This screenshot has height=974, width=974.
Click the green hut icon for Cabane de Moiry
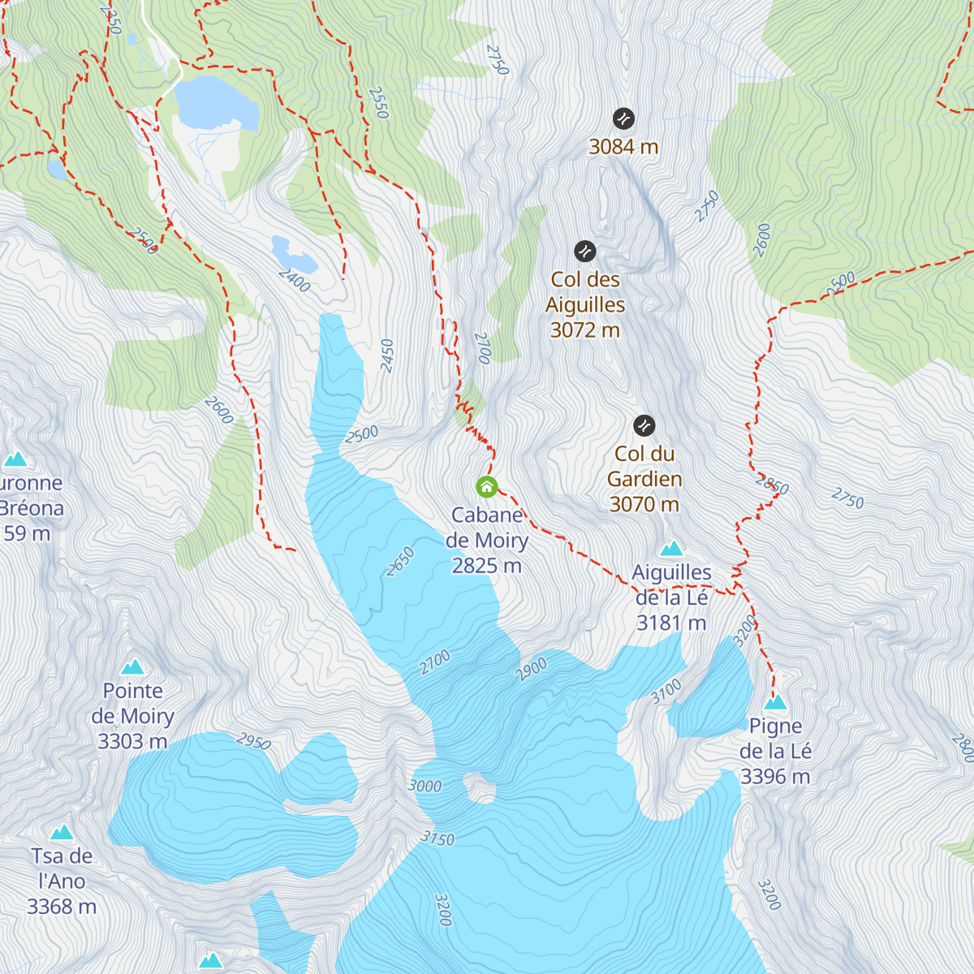(x=486, y=486)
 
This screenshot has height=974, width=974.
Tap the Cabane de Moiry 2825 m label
(x=487, y=541)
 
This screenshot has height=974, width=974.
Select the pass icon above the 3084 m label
(x=623, y=119)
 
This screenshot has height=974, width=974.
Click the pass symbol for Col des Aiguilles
(x=585, y=251)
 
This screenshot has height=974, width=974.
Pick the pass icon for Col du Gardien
(x=644, y=425)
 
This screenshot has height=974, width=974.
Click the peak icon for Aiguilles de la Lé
(x=671, y=549)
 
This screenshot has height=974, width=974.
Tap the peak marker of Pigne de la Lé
(x=775, y=702)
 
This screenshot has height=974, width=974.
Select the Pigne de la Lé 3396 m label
(x=775, y=752)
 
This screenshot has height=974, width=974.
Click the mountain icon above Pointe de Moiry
(x=132, y=667)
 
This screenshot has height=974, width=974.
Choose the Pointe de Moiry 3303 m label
(x=132, y=716)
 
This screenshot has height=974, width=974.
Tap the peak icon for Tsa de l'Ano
(x=62, y=832)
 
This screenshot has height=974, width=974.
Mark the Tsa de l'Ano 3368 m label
(x=62, y=881)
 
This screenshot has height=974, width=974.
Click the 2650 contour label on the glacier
(x=400, y=562)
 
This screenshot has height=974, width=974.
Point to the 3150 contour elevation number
(x=437, y=838)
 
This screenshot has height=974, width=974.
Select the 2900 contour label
(x=532, y=670)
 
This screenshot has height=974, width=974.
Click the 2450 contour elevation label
(x=387, y=356)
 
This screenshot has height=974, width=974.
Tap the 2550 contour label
(x=378, y=103)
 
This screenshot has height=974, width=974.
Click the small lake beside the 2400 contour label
(x=294, y=254)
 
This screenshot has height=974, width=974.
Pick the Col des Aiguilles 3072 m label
(x=585, y=305)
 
